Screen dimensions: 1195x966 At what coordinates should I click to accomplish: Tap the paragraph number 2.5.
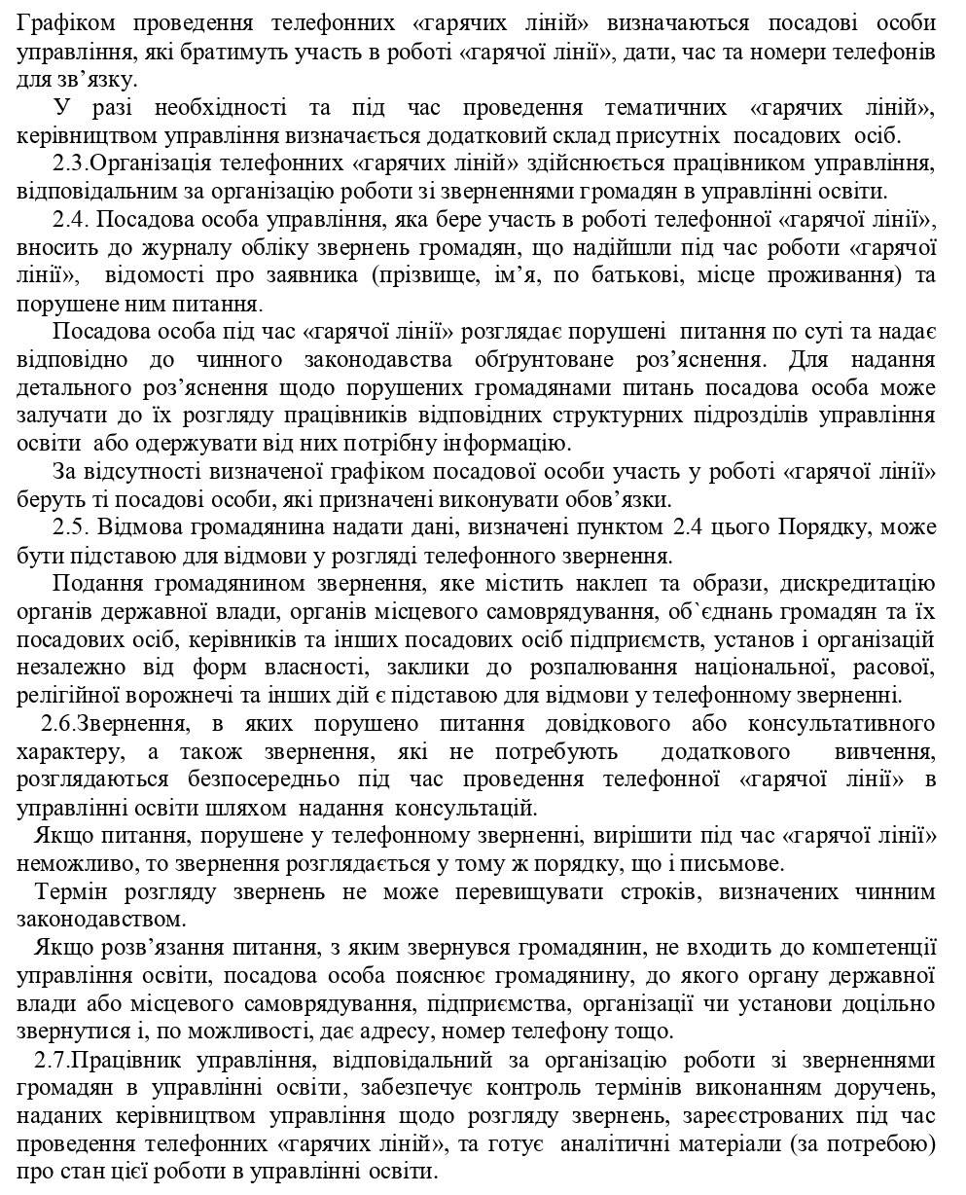coord(74,527)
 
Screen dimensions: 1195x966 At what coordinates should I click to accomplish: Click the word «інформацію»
coord(508,445)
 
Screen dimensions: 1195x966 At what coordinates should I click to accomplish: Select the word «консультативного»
coord(841,724)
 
